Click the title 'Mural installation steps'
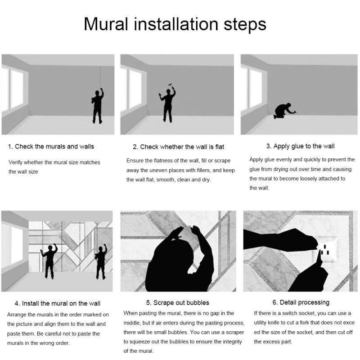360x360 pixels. pos(175,24)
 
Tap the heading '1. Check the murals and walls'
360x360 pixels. pos(51,147)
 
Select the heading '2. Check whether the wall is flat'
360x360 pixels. pos(178,147)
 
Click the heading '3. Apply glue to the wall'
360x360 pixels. pos(300,146)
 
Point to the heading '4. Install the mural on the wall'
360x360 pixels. pos(58,303)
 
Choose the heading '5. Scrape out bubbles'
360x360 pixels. pos(178,303)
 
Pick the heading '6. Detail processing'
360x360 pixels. pos(301,302)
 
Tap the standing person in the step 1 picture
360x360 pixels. pos(98,106)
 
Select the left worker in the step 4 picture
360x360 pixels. pos(49,261)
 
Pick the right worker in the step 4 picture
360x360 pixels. pos(101,262)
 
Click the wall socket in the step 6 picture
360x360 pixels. pos(327,250)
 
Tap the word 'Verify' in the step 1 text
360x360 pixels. pos(15,162)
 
